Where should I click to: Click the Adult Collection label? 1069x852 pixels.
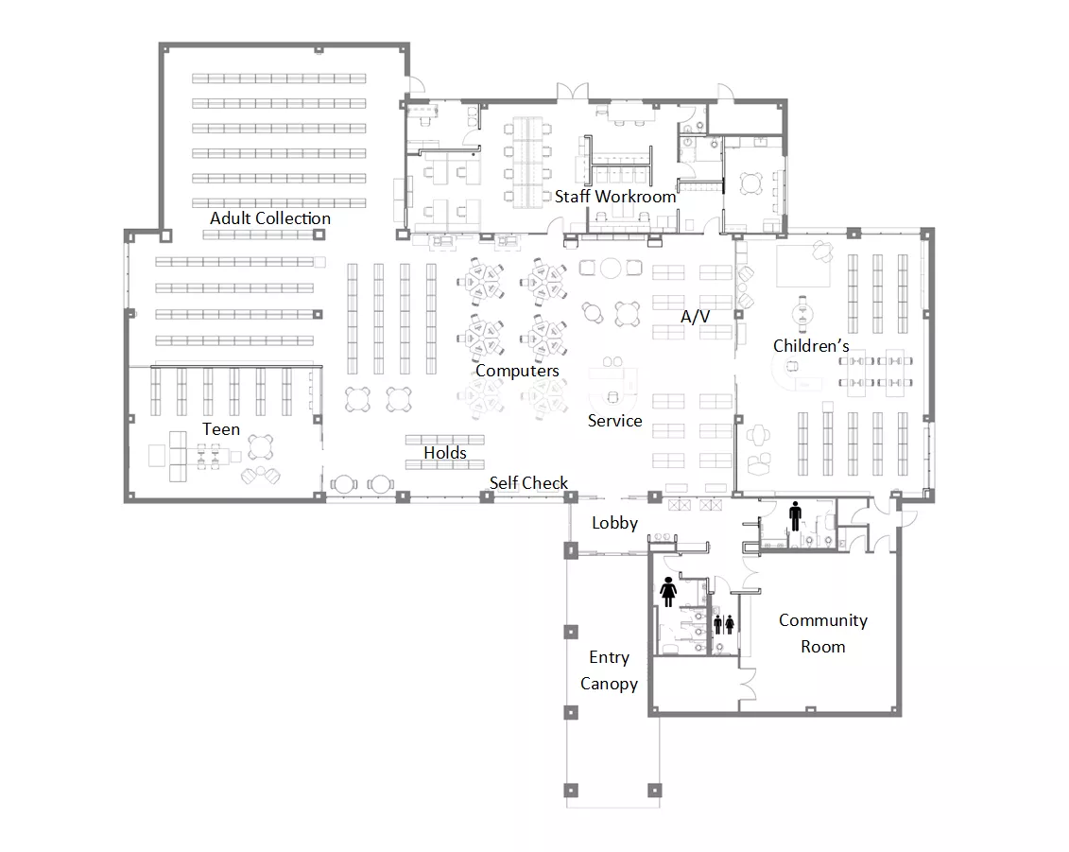pos(270,218)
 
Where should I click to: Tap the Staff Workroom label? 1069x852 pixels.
pos(615,197)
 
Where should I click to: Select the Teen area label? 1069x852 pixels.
pos(221,429)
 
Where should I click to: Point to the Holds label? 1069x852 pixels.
pos(445,453)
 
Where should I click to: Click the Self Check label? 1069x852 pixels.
pos(528,483)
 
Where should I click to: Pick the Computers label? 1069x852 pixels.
pos(517,371)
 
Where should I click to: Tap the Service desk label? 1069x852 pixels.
pos(615,421)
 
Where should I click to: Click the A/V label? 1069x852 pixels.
pos(695,317)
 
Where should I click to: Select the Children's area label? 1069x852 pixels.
pos(811,346)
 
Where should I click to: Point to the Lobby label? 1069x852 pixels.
pos(615,523)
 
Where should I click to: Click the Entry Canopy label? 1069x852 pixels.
pos(609,670)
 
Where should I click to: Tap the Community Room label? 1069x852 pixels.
pos(823,633)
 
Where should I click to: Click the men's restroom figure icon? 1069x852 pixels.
pos(795,516)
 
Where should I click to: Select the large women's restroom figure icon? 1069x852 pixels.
pos(668,591)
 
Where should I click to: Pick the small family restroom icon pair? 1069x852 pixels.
pos(724,624)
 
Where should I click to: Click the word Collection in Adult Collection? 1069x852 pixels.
pos(293,218)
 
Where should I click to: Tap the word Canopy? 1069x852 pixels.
pos(609,685)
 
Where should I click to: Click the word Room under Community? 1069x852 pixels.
pos(823,647)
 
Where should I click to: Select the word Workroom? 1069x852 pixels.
pos(635,197)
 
